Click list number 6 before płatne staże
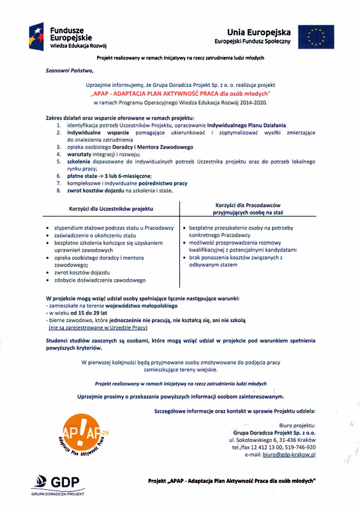click(x=58, y=175)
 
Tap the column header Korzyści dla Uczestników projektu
click(x=111, y=209)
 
